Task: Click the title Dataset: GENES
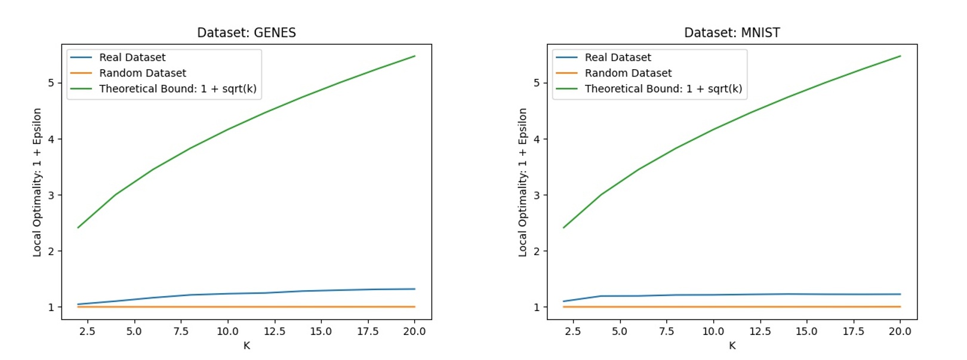coord(246,33)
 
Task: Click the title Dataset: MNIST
coord(732,33)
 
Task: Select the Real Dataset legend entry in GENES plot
coord(132,57)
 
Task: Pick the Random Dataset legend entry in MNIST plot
coord(628,73)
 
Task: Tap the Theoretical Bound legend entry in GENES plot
coord(177,88)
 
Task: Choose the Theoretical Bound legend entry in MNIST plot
coord(663,88)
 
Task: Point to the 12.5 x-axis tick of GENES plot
coord(274,331)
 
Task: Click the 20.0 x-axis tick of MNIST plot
coord(900,331)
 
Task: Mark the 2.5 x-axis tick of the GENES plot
coord(87,331)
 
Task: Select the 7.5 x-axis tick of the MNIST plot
coord(666,331)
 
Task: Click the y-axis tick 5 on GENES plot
coord(51,83)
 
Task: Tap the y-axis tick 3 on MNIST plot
coord(537,195)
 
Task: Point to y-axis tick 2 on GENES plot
coord(51,251)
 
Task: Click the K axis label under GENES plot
coord(247,346)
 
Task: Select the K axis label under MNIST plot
coord(732,346)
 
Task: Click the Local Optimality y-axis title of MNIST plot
coord(523,182)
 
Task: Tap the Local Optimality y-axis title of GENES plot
coord(37,182)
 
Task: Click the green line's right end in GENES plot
coord(415,56)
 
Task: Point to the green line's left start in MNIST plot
coord(563,227)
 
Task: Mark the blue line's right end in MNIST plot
coord(900,294)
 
